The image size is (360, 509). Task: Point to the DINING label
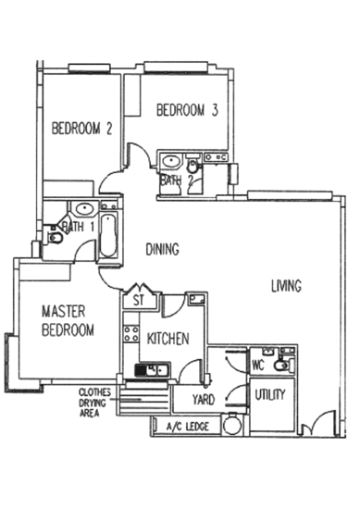click(162, 249)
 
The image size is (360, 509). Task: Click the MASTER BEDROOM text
click(66, 319)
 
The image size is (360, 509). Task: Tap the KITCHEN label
click(168, 339)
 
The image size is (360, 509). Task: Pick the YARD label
click(203, 399)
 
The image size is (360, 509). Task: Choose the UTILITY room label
click(270, 394)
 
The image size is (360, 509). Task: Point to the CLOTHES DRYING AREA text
click(90, 403)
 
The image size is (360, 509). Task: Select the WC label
click(259, 365)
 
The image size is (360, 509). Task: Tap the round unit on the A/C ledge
click(231, 426)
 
